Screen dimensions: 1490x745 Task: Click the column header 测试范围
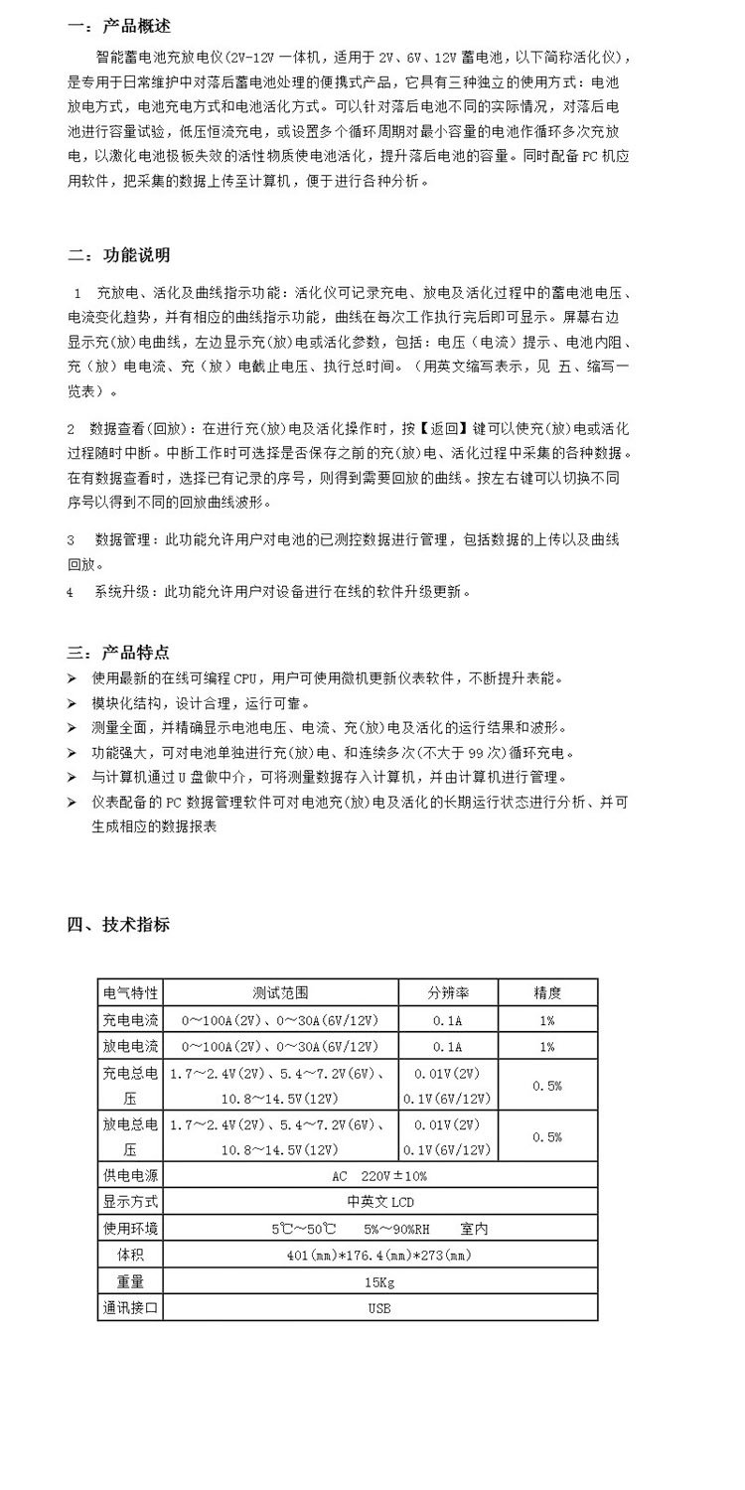pos(280,992)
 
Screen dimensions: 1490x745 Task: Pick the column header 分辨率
pos(448,992)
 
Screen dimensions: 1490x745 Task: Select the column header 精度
pos(547,992)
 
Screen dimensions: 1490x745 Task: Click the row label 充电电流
pos(130,1020)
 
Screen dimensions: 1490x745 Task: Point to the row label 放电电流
pos(130,1047)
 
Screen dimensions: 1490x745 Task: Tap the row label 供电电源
pos(130,1176)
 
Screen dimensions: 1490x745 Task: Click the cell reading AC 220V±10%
pos(379,1176)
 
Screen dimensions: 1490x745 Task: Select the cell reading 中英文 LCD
pos(379,1202)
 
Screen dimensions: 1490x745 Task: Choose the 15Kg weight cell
pos(379,1281)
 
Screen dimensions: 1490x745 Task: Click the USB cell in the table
pos(379,1308)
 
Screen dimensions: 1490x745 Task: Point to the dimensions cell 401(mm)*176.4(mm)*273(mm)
pos(379,1256)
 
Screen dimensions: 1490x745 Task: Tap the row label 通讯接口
pos(130,1308)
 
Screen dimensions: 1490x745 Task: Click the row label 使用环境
pos(130,1229)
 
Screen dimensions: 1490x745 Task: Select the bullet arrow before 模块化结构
pos(73,703)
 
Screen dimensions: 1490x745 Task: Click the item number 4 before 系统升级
pos(71,592)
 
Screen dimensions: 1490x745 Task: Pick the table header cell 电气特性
pos(130,992)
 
